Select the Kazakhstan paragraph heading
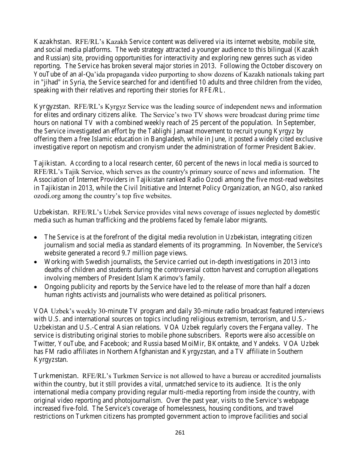point(53,41)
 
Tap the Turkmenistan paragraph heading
point(56,376)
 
